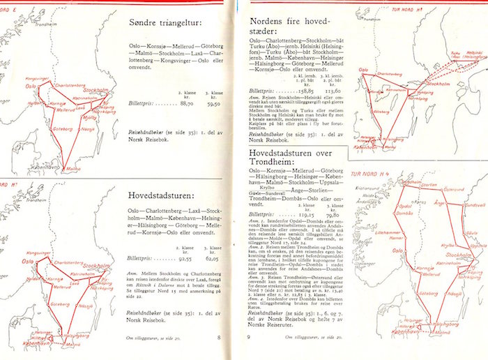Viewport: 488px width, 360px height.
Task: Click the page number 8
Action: tap(219, 338)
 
